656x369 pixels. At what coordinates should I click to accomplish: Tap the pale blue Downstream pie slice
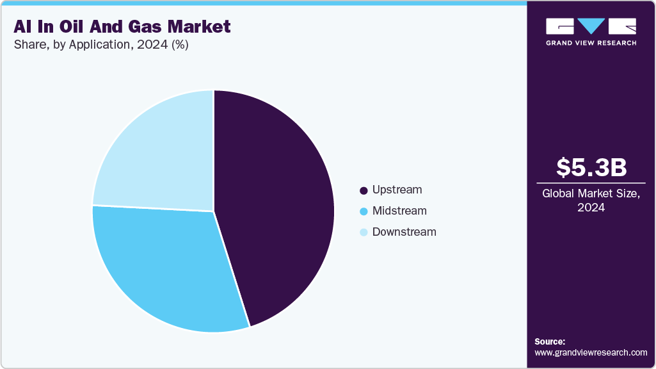pos(160,154)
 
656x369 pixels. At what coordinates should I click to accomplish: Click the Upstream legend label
pos(397,190)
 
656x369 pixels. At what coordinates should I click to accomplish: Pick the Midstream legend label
pos(399,211)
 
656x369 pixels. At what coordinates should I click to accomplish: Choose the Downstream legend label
pos(404,232)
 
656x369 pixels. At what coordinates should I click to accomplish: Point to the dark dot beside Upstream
pos(364,190)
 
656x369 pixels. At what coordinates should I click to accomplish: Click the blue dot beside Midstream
pos(364,211)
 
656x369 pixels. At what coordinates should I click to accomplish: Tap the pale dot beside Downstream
pos(364,233)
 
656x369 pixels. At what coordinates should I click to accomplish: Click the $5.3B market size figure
pos(591,167)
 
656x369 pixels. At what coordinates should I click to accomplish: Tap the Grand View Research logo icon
pos(591,26)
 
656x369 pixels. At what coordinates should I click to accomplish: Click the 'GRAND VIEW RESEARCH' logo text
pos(591,43)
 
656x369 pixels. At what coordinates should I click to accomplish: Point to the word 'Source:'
pos(550,341)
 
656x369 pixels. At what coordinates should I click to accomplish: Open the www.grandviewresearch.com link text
pos(591,352)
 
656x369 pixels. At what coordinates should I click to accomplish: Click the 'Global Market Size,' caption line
pos(591,193)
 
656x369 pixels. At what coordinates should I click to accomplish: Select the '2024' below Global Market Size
pos(591,208)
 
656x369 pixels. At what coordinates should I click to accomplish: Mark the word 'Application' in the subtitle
pos(99,45)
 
